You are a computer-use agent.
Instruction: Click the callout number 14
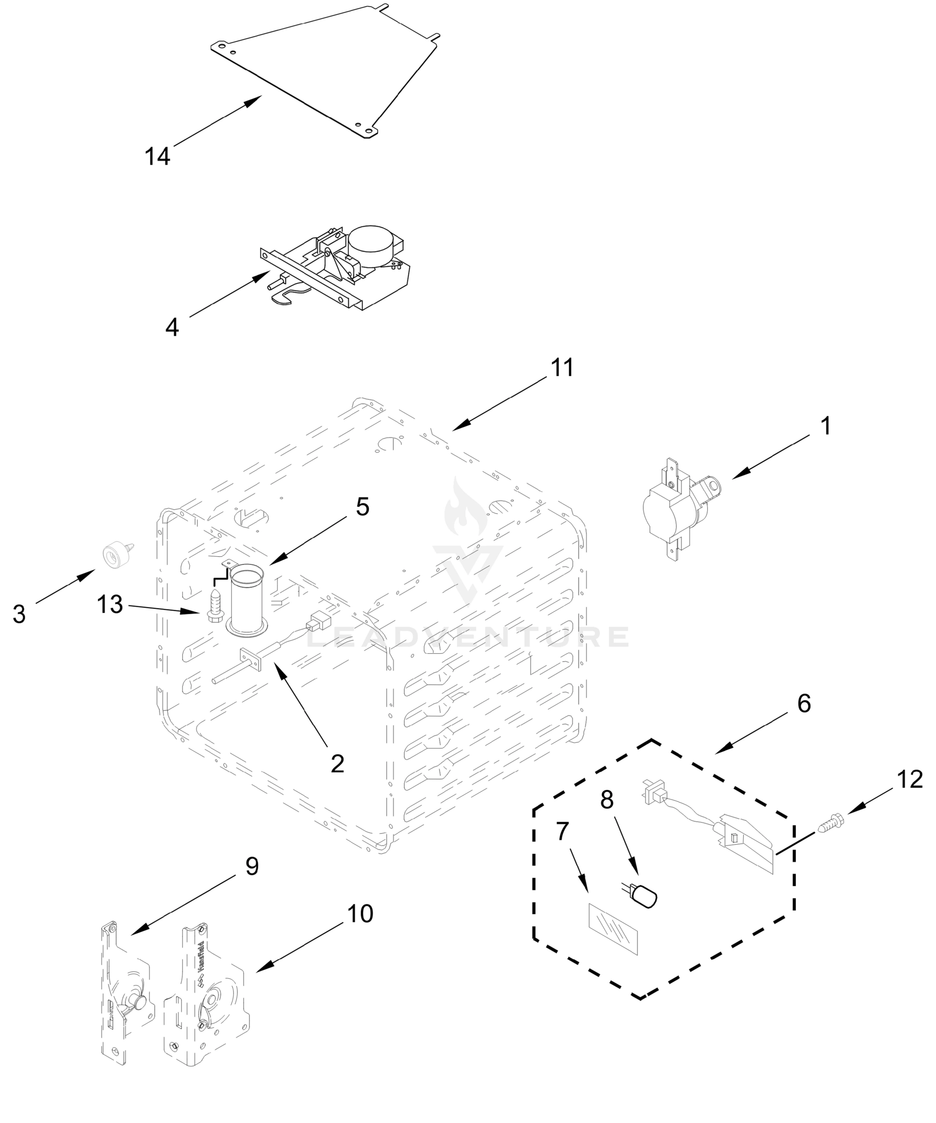pyautogui.click(x=157, y=156)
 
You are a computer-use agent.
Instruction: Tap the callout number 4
pyautogui.click(x=172, y=327)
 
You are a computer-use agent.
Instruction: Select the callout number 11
pyautogui.click(x=562, y=368)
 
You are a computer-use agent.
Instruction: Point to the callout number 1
pyautogui.click(x=825, y=426)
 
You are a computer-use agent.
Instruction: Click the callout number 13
pyautogui.click(x=109, y=605)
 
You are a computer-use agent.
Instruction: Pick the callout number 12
pyautogui.click(x=909, y=780)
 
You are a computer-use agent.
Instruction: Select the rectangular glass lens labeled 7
pyautogui.click(x=613, y=929)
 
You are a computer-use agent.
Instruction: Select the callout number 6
pyautogui.click(x=804, y=704)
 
